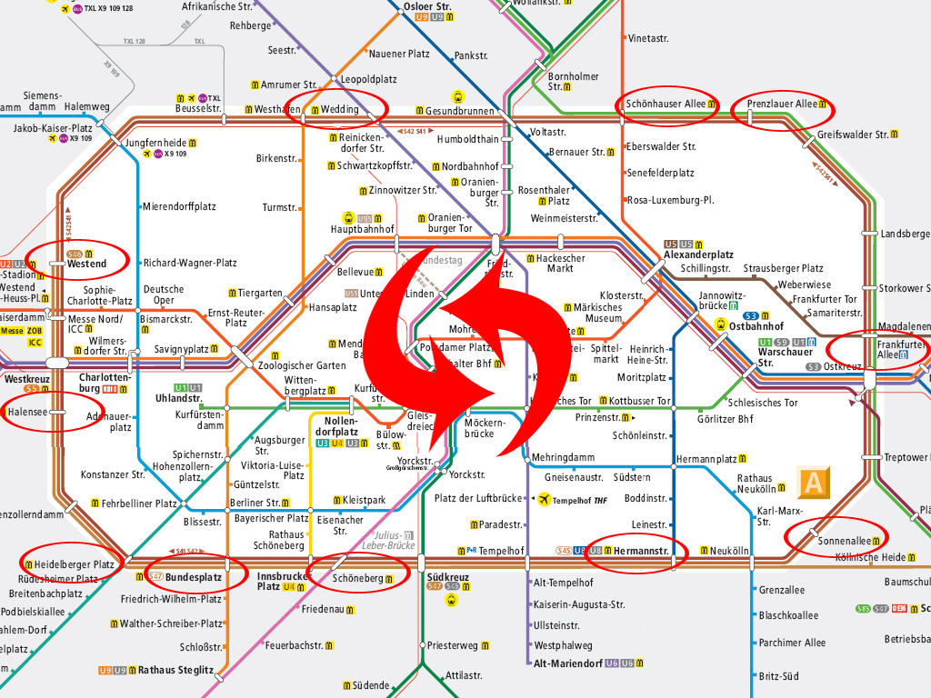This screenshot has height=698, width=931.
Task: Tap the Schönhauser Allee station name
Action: [x=665, y=104]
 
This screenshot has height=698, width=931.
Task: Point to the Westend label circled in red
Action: [x=86, y=264]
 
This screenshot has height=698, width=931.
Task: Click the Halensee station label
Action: [x=28, y=412]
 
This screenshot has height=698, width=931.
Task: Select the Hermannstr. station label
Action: [x=641, y=551]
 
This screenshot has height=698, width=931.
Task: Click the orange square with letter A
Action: [x=813, y=483]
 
